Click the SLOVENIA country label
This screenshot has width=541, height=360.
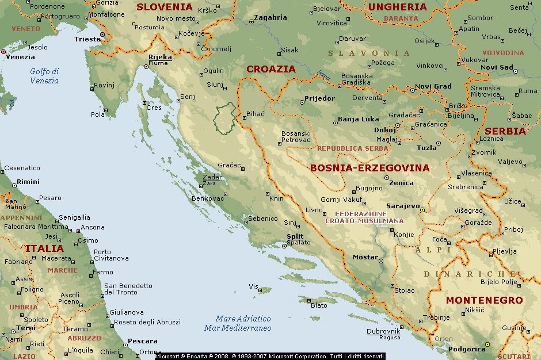(164, 7)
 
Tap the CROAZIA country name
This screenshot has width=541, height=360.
(270, 69)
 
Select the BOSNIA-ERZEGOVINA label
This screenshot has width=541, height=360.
(369, 168)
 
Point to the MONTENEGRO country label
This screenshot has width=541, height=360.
(484, 300)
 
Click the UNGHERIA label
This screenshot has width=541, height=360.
(397, 7)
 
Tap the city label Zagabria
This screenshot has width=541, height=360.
(270, 18)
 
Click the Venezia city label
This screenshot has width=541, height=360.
(20, 57)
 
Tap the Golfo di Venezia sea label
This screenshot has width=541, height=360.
(44, 76)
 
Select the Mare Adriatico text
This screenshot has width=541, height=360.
(243, 319)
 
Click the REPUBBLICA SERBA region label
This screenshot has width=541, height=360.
(352, 148)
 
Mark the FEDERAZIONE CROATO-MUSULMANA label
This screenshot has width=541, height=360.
(364, 217)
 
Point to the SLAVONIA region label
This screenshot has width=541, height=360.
(369, 53)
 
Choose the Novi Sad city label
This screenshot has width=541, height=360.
(497, 67)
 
